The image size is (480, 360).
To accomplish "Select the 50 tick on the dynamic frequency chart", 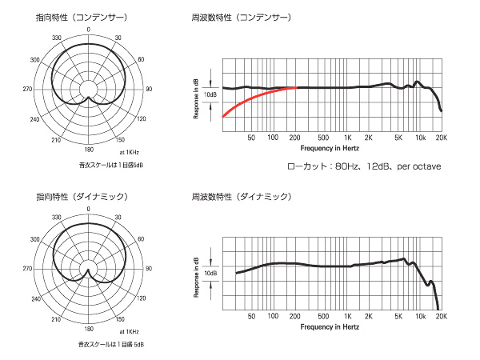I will coord(251,317).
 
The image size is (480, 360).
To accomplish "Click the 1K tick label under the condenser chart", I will coord(347,138).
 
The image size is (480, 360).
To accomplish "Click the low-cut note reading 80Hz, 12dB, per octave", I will coord(366,166).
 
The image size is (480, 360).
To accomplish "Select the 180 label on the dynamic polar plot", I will coord(88,328).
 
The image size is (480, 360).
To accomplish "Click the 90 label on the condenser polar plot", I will coord(149,88).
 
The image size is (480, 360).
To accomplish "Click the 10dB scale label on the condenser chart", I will coord(210,94).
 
